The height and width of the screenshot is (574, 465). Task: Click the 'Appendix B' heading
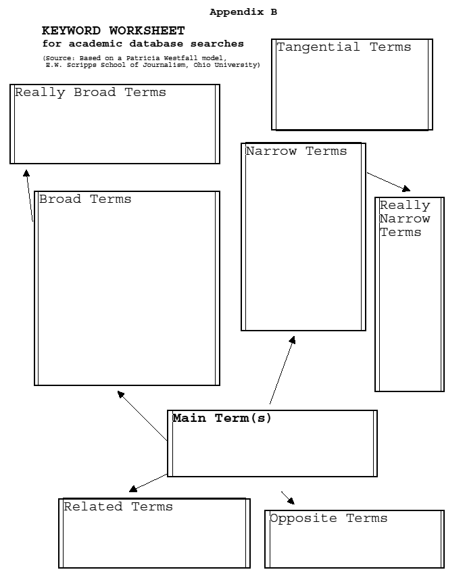(243, 12)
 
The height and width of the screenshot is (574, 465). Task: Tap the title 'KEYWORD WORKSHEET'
(114, 30)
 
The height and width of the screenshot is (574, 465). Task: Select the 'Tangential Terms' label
(344, 47)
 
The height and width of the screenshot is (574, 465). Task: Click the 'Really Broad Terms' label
(91, 93)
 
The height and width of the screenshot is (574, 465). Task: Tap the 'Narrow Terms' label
(296, 151)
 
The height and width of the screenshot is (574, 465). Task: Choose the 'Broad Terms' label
(85, 199)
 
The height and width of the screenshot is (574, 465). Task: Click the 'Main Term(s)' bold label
(222, 418)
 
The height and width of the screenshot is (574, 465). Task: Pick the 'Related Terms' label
(118, 506)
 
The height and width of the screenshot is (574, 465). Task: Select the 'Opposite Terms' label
(328, 519)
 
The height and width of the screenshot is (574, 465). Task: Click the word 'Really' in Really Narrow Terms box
(405, 206)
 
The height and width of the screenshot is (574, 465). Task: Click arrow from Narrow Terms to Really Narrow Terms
(389, 182)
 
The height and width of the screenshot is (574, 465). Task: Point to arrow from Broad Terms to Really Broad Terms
(29, 195)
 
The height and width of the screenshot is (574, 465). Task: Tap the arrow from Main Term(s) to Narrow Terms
(283, 370)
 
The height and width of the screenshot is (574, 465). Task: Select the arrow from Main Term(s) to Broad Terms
(143, 416)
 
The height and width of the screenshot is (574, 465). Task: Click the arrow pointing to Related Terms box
(148, 483)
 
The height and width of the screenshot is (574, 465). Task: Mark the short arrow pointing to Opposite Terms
(288, 498)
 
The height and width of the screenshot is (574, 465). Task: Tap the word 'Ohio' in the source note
(202, 65)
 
